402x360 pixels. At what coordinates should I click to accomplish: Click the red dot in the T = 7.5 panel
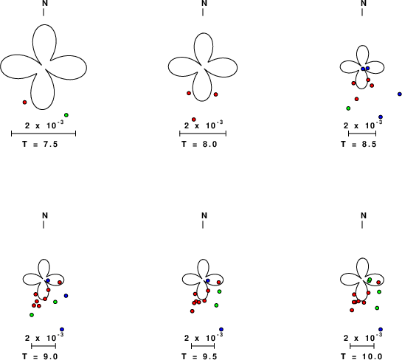[x=24, y=103]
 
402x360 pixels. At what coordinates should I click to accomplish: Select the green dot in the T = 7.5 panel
[x=66, y=115]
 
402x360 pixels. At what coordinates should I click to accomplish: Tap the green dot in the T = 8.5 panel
[x=348, y=108]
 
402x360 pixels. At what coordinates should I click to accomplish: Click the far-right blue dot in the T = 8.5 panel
[x=400, y=94]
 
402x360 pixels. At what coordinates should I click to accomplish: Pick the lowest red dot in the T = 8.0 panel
[x=194, y=120]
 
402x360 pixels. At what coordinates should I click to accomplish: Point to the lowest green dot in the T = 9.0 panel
[x=32, y=315]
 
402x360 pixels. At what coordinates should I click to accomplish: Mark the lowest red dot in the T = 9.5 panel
[x=193, y=311]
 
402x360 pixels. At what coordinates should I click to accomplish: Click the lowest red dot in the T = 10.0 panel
[x=352, y=311]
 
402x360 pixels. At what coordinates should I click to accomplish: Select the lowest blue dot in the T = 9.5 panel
[x=221, y=329]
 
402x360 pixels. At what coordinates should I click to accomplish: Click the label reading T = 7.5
[x=40, y=144]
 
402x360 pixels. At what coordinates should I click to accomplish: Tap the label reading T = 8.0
[x=199, y=144]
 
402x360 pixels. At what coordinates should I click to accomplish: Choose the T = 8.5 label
[x=358, y=144]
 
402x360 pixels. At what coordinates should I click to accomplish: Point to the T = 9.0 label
[x=40, y=356]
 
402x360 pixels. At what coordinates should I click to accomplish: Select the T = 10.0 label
[x=361, y=356]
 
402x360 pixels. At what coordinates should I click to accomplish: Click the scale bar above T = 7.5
[x=44, y=134]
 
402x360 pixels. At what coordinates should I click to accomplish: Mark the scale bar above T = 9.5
[x=203, y=346]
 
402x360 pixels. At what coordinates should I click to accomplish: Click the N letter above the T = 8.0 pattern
[x=204, y=3]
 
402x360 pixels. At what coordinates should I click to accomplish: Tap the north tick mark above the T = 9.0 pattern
[x=44, y=224]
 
